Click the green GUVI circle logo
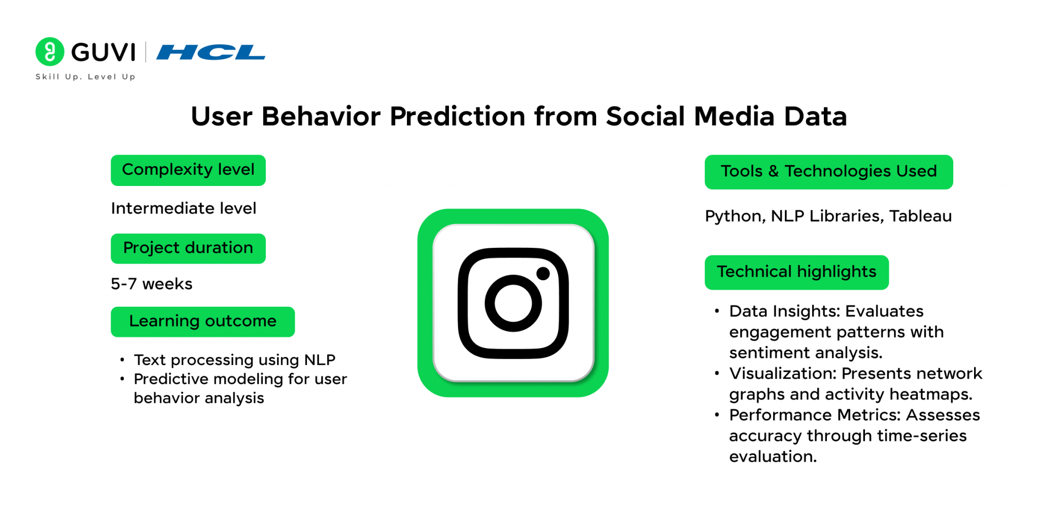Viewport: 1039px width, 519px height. [50, 52]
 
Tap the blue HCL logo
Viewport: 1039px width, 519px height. [211, 52]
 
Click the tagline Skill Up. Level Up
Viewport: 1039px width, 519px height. [85, 77]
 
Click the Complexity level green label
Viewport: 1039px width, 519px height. [188, 170]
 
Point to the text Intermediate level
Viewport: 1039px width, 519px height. [184, 208]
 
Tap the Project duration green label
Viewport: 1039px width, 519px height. [188, 248]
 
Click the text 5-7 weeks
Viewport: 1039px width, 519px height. [152, 284]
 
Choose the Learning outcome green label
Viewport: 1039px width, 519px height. [203, 322]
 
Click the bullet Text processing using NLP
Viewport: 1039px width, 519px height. [234, 360]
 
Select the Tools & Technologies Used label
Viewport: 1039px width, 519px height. [829, 172]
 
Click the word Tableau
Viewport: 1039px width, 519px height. [921, 216]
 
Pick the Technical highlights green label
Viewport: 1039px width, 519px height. [796, 273]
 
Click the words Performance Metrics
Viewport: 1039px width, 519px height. [815, 415]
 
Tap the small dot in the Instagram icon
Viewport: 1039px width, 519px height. [543, 274]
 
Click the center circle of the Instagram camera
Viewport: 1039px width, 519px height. [513, 303]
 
